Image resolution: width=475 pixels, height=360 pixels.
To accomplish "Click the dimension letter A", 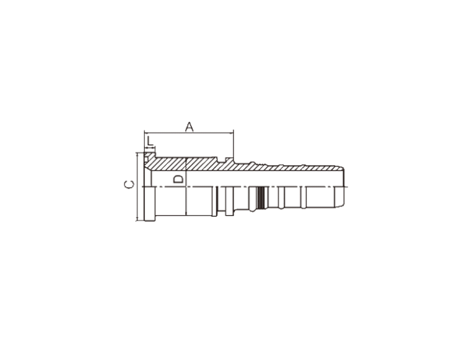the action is tap(189, 127).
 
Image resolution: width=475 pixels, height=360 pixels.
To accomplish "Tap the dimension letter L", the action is tap(150, 141).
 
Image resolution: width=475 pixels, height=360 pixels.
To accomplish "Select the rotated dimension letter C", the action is tap(129, 184).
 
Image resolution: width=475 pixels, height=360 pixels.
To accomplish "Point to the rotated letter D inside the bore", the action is tap(178, 179).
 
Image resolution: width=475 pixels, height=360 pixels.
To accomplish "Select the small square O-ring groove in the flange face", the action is tap(146, 158).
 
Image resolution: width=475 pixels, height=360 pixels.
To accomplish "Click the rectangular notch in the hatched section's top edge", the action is tap(222, 160).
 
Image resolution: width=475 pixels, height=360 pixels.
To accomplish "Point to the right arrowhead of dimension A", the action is tap(231, 132).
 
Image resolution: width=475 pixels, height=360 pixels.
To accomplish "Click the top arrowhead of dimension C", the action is tap(138, 155).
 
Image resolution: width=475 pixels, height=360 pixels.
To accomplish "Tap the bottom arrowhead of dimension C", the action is tap(138, 218).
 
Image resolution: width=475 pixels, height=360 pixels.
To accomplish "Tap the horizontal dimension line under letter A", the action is tap(189, 132).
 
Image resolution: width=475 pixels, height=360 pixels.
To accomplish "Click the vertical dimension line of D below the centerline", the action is tap(186, 200).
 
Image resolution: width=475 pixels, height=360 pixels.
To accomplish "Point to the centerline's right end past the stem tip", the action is tap(348, 186).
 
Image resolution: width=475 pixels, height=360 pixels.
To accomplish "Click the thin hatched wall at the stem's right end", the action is tap(333, 168).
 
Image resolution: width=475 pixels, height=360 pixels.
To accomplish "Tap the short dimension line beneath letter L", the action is tap(150, 147).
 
